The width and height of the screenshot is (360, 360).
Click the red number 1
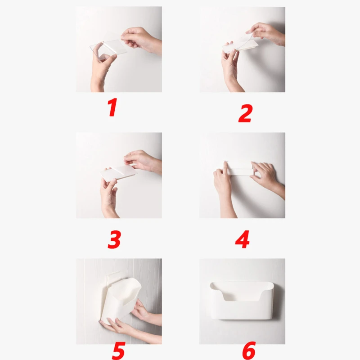(x=112, y=107)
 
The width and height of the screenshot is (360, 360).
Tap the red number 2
(x=245, y=113)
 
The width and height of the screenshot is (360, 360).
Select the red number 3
(x=114, y=240)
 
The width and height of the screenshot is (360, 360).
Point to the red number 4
(x=243, y=239)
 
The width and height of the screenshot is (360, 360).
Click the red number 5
(x=118, y=351)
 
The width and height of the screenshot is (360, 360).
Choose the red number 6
(x=249, y=351)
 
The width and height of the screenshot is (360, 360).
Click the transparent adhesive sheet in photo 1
(x=108, y=50)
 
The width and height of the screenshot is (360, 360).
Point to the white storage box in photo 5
(x=121, y=298)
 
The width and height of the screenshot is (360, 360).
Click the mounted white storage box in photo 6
(x=242, y=300)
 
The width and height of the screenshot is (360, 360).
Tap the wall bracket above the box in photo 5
(x=113, y=277)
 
